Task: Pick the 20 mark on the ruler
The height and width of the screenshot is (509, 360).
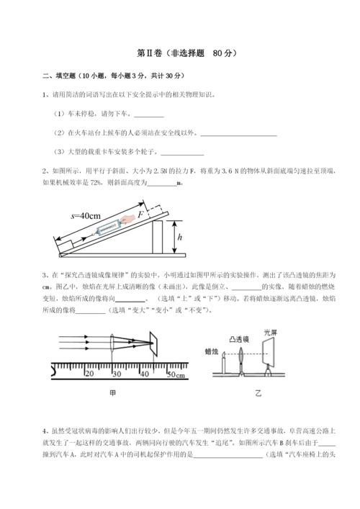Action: tap(89, 374)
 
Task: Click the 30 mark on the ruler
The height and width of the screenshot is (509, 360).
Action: tap(117, 374)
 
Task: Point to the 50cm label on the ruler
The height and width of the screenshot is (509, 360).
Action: tap(175, 375)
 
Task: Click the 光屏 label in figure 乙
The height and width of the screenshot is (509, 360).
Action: tap(270, 333)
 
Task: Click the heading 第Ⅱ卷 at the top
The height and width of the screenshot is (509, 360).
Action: tap(153, 53)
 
